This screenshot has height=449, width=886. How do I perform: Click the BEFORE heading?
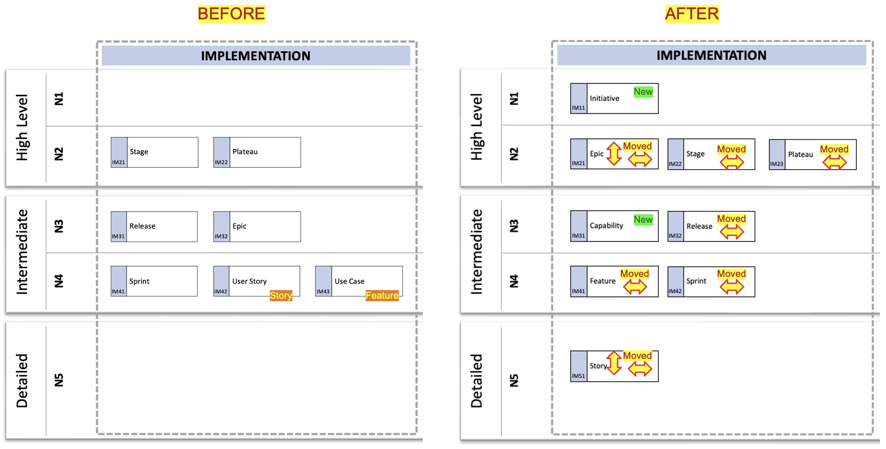tap(231, 14)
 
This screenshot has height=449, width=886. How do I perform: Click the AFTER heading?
tap(692, 14)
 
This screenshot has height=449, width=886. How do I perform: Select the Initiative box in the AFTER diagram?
tap(614, 98)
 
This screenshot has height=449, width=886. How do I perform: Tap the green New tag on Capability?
tap(643, 220)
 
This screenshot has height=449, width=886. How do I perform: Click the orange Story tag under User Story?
tap(281, 295)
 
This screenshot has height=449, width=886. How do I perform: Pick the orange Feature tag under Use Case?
tap(382, 295)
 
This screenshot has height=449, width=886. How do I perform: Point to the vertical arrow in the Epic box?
tap(614, 153)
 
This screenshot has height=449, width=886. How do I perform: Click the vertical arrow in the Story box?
tap(614, 363)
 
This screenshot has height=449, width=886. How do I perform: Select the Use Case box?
tap(359, 281)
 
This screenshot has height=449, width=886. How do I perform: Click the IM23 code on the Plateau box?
tap(776, 164)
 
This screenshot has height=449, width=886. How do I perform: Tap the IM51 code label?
tap(578, 376)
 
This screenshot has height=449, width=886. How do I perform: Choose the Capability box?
tap(614, 226)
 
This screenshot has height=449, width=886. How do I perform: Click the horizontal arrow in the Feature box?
tap(635, 287)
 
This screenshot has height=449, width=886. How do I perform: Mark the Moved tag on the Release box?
tap(731, 219)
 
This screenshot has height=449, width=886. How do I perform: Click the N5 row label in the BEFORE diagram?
tap(59, 380)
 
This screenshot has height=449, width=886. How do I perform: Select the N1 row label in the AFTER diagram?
tap(514, 99)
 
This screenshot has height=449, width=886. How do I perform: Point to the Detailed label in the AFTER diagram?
tap(477, 381)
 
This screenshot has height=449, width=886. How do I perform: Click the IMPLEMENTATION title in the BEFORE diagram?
tap(256, 56)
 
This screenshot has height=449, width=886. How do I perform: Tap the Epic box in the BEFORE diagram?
tap(257, 227)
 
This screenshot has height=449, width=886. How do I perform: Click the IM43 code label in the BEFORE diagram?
tap(323, 291)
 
